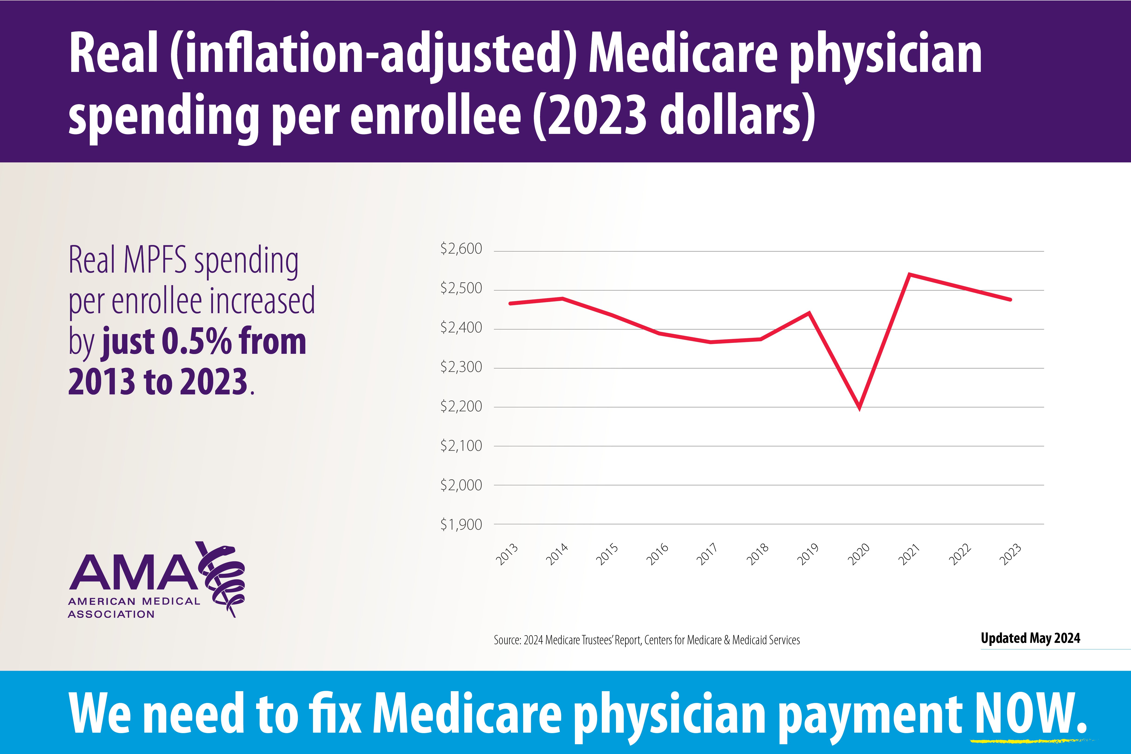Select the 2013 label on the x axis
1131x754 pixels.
click(x=507, y=554)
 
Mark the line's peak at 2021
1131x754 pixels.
click(x=909, y=274)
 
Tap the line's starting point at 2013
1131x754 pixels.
click(x=510, y=303)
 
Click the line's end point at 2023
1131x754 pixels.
click(x=1010, y=300)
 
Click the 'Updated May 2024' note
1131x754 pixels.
click(x=1030, y=638)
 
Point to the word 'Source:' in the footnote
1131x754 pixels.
click(x=507, y=640)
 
